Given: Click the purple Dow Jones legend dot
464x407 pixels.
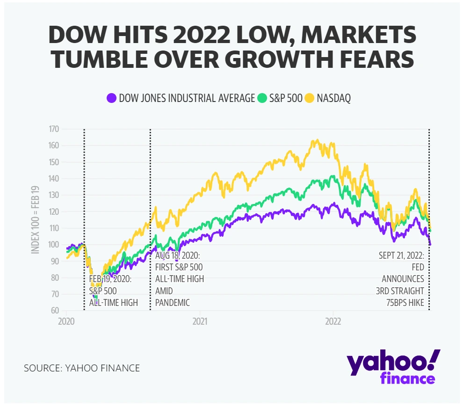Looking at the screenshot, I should tap(111, 98).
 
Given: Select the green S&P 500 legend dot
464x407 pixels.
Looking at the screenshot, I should tap(261, 98).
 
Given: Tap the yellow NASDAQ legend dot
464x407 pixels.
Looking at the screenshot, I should tap(309, 98).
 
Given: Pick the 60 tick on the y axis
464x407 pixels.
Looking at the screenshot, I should tap(54, 311).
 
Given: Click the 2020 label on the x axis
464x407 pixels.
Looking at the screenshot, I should tap(66, 322).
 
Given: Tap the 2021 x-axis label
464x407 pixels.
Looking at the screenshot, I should tap(200, 322).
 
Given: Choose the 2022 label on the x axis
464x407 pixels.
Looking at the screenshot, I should tap(333, 322).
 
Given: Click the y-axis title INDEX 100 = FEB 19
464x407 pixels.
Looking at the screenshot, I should tap(36, 220).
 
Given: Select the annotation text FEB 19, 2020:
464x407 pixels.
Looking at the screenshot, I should tap(110, 279).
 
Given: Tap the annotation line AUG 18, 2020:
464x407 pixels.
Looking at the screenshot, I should tap(177, 256).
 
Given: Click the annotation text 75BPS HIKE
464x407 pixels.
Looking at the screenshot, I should tap(403, 303).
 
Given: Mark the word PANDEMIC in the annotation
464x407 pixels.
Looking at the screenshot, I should tap(173, 303).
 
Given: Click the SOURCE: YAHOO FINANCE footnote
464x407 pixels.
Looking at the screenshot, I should tap(82, 368).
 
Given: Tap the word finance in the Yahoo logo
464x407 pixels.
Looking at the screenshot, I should tap(408, 378).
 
